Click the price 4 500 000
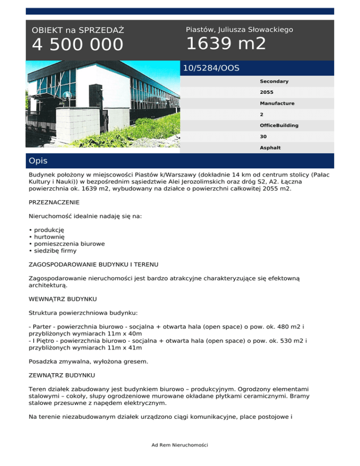pyautogui.click(x=78, y=45)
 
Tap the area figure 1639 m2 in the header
pyautogui.click(x=226, y=44)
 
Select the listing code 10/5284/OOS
pyautogui.click(x=211, y=68)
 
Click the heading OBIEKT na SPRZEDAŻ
pyautogui.click(x=78, y=30)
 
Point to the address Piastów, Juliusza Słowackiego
pyautogui.click(x=240, y=30)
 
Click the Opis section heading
pyautogui.click(x=38, y=161)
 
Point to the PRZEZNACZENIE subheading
pyautogui.click(x=54, y=203)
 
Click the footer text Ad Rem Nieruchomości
pyautogui.click(x=180, y=444)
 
